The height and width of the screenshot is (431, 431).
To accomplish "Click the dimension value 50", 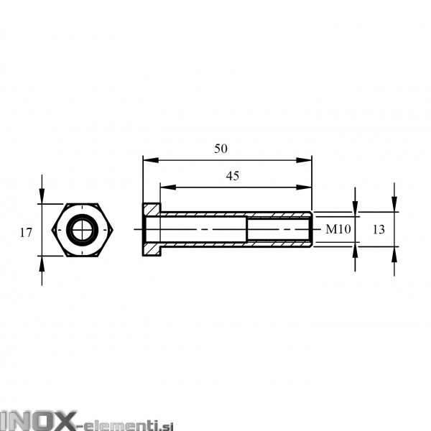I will tap(221, 149).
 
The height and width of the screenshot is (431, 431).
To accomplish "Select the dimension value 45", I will tap(232, 175).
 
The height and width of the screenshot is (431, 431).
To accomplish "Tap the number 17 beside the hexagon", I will tap(26, 232).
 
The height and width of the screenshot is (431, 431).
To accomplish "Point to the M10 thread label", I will tap(337, 230).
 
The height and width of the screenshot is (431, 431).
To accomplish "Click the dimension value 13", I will tap(379, 230).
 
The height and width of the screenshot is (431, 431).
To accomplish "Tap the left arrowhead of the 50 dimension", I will tap(147, 159).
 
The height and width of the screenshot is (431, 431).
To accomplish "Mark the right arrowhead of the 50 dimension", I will tap(308, 159).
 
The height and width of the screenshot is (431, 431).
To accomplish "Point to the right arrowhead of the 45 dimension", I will tap(308, 187).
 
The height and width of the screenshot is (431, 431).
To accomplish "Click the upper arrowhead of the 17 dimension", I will tap(42, 197).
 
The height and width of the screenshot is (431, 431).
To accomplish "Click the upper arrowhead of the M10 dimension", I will tap(356, 209).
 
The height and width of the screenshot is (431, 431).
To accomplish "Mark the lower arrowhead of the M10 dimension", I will tap(356, 251).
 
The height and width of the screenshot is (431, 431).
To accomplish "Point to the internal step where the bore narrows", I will tap(248, 231).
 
